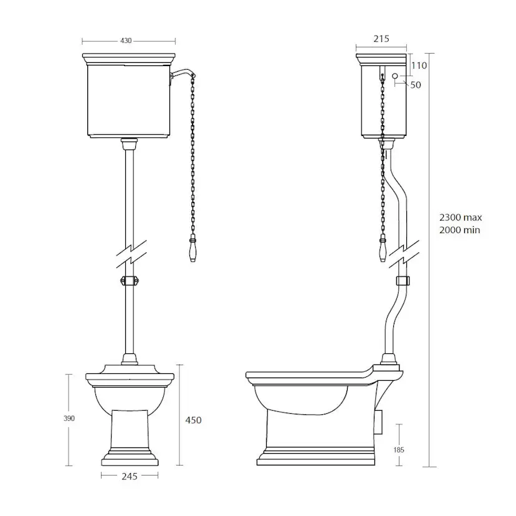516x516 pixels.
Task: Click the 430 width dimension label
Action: coord(126,41)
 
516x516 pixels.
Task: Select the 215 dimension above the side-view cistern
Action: coord(381,39)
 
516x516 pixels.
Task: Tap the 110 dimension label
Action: coord(419,65)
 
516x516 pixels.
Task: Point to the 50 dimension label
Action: coord(416,85)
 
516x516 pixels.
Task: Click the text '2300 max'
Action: coord(461,217)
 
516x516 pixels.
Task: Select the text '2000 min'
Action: coord(460,230)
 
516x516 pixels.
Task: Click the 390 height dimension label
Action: coord(69,418)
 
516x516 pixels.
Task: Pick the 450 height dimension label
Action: coord(193,420)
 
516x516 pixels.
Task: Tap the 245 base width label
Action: coord(130,476)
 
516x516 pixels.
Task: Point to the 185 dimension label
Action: coord(398,450)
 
